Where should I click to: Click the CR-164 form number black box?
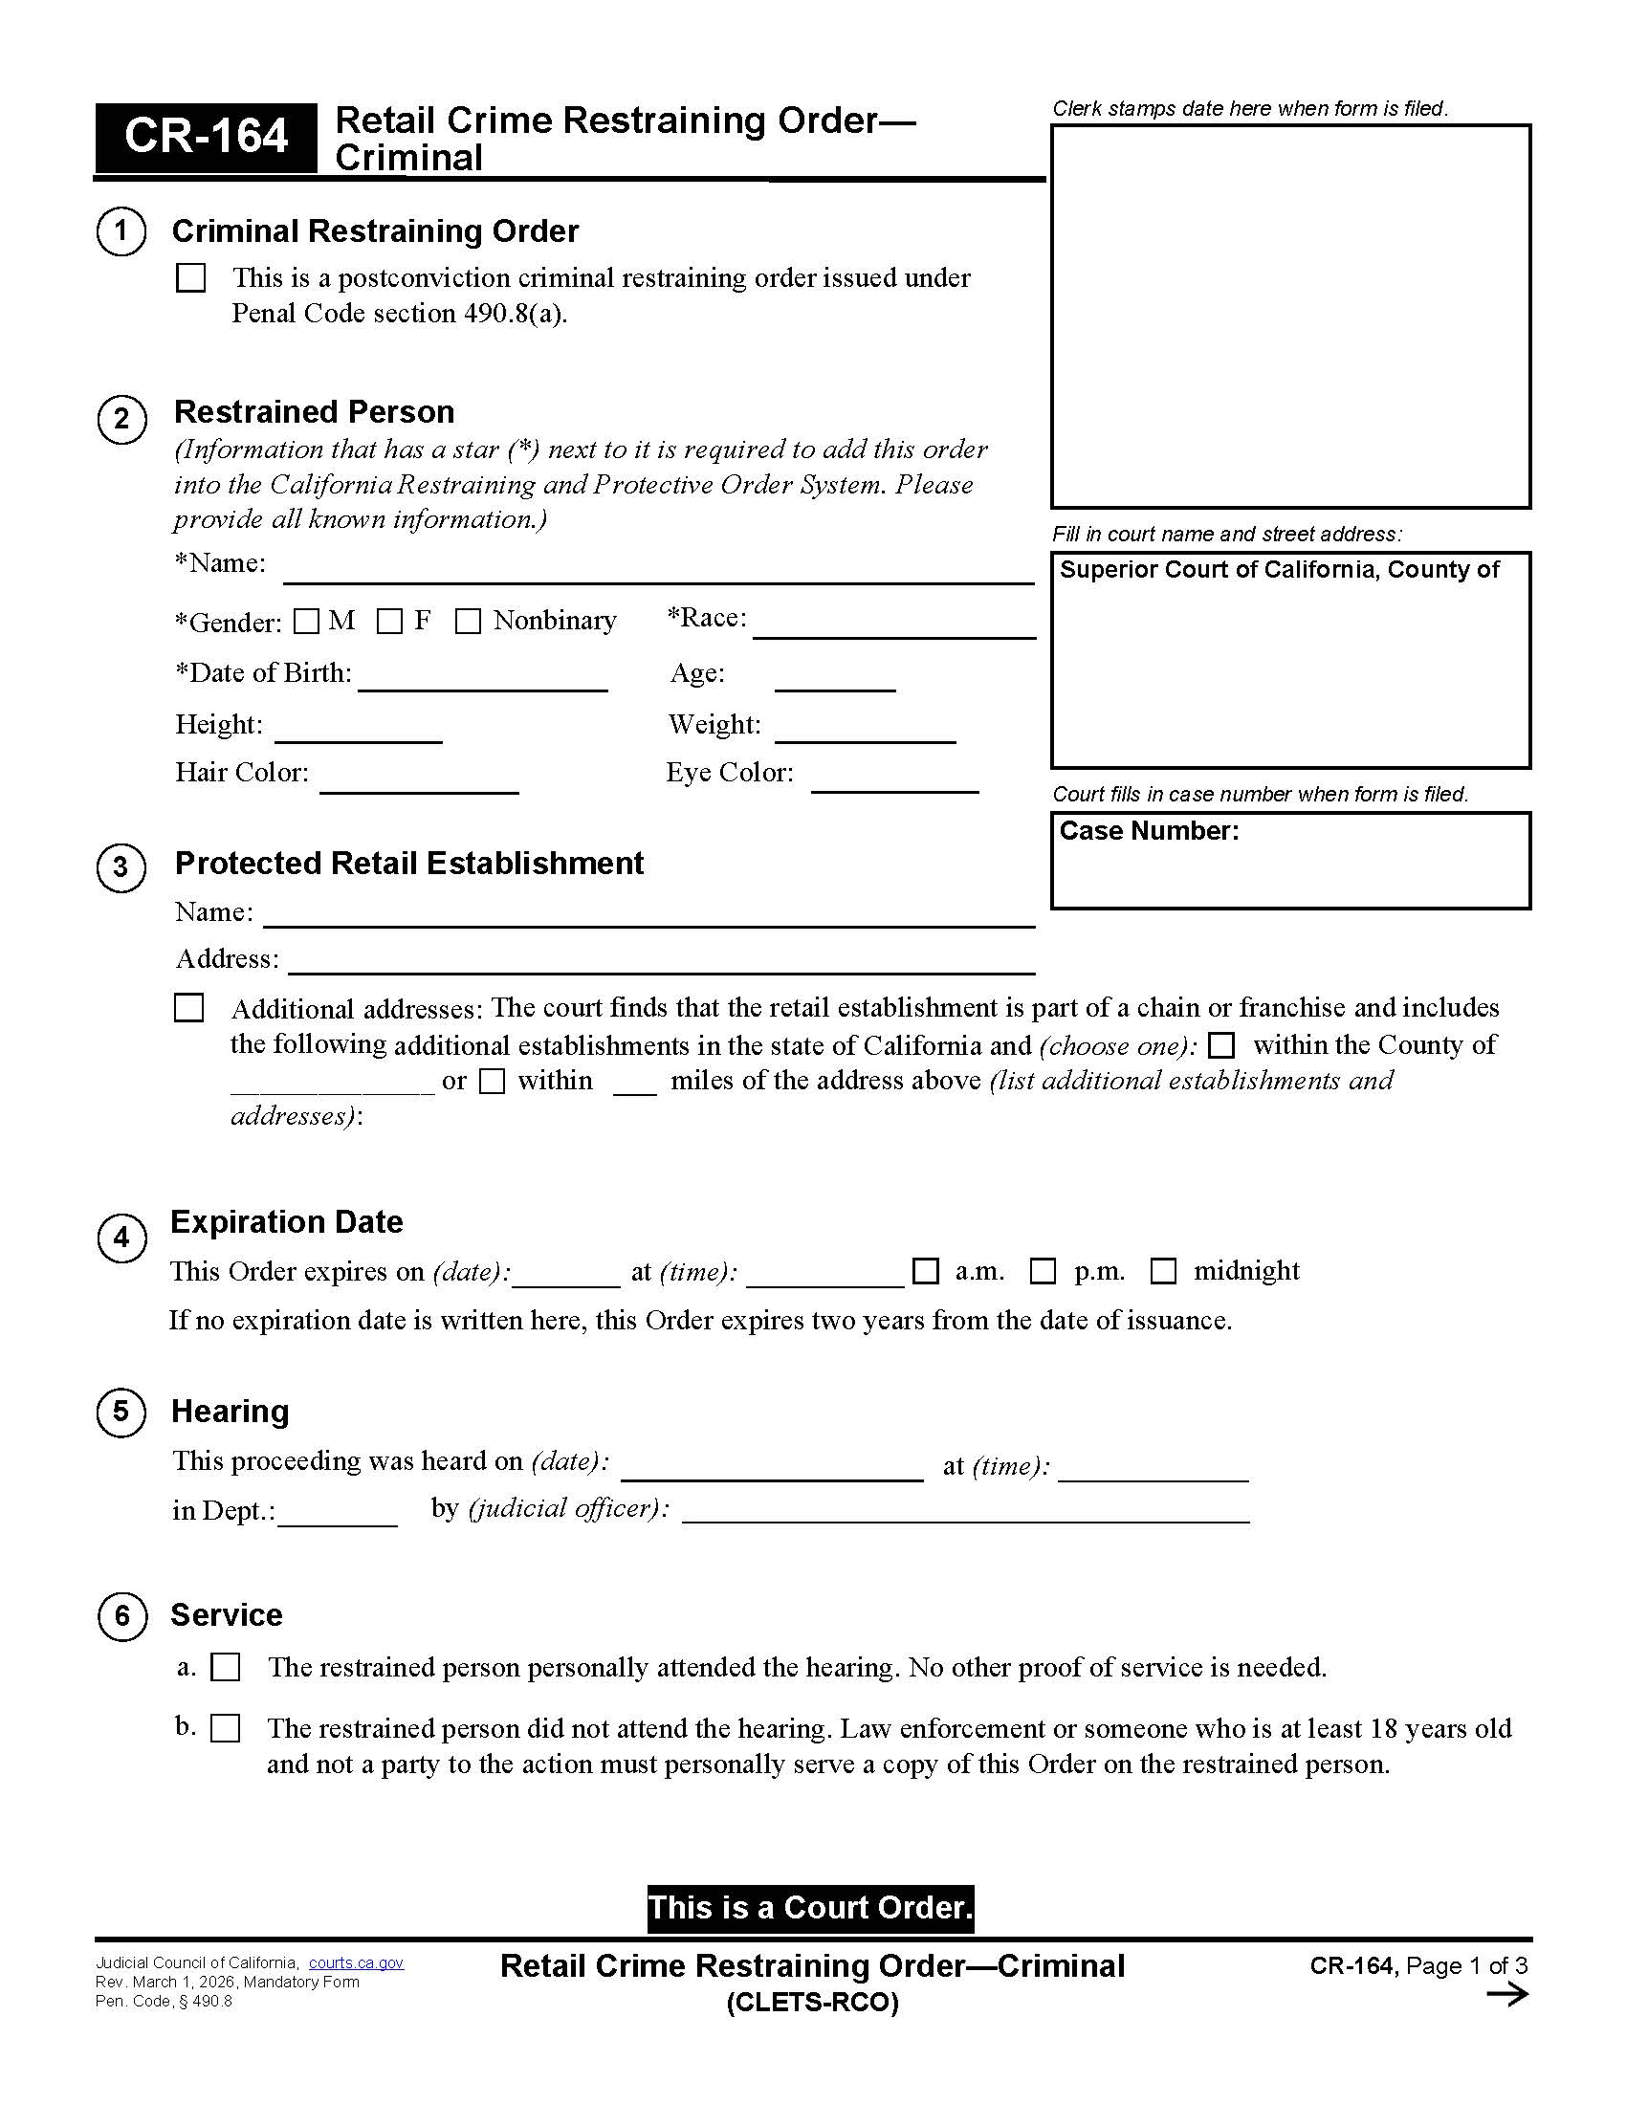tap(206, 137)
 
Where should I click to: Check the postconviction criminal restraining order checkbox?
tap(190, 277)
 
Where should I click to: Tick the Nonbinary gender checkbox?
tap(467, 622)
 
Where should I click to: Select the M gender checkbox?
tap(306, 622)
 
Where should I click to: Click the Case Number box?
tap(1290, 861)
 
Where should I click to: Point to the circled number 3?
tap(121, 867)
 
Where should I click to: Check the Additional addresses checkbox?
tap(188, 1008)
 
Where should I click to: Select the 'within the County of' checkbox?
tap(1220, 1045)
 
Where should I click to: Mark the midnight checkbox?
tap(1164, 1272)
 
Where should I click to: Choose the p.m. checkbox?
tap(1044, 1272)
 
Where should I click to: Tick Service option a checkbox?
tap(226, 1668)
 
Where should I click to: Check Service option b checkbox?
tap(226, 1728)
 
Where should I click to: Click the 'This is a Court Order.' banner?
tap(810, 1909)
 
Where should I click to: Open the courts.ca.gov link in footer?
tap(356, 1963)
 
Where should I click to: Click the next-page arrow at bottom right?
tap(1506, 1994)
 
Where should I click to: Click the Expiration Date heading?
tap(286, 1221)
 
